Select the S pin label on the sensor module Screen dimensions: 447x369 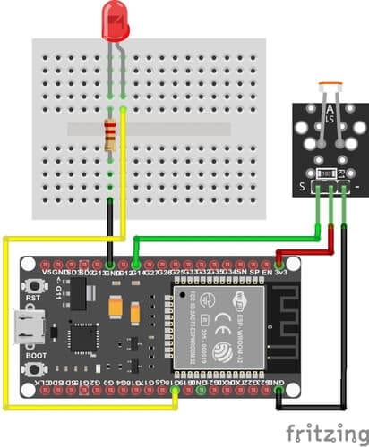tap(301, 185)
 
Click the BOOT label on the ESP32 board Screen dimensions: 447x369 tap(36, 355)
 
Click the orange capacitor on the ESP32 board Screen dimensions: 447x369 tap(117, 306)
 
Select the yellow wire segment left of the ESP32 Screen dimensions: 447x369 tap(7, 322)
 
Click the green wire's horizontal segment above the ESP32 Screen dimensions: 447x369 tap(224, 239)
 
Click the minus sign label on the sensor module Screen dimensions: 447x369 tap(358, 185)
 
